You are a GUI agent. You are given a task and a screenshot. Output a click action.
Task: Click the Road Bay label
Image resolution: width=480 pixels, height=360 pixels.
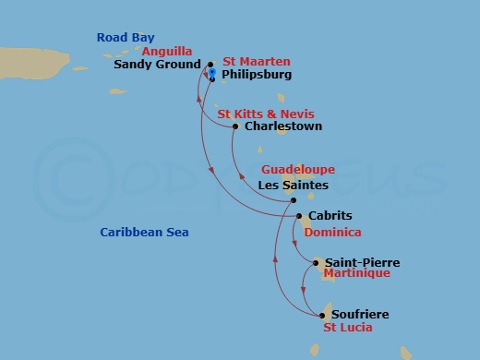point(126,38)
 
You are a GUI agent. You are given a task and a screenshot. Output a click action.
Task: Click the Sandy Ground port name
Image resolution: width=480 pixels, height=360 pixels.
point(157,66)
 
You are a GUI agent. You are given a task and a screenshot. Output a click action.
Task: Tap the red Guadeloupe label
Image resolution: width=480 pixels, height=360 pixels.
point(298,170)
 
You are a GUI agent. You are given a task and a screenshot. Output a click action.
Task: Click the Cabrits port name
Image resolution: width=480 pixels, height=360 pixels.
point(330,217)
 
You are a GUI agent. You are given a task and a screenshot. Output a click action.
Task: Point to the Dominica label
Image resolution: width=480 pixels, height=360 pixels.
point(332,233)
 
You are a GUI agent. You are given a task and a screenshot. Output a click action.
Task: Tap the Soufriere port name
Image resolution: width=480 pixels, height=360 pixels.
point(359,315)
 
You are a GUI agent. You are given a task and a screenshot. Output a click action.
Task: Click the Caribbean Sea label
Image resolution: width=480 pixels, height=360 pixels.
point(144,233)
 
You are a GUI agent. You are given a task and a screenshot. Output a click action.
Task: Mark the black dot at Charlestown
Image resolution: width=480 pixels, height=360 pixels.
point(235,126)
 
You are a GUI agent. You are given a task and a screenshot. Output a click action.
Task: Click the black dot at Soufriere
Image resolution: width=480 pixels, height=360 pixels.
point(324,315)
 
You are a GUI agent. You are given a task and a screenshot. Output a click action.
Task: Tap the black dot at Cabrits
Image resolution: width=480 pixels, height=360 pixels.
point(300,217)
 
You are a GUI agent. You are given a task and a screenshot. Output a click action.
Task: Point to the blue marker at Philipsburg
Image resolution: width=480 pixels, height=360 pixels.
point(212,72)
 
